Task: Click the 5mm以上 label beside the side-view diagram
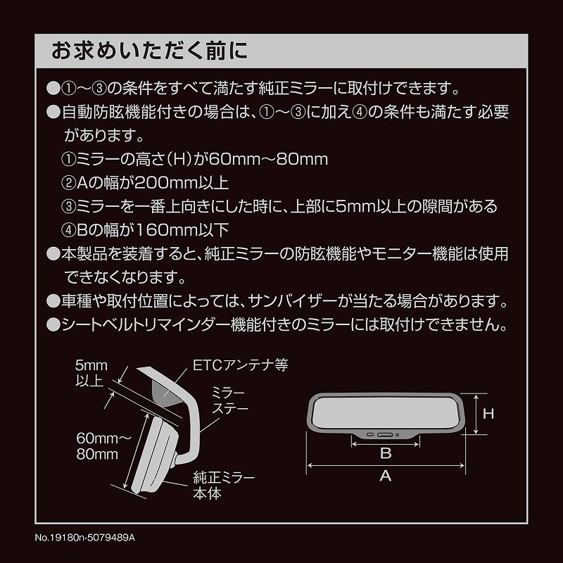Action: coord(89,374)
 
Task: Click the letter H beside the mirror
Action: coord(488,414)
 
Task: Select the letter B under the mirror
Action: coord(386,453)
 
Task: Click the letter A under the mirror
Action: coord(386,476)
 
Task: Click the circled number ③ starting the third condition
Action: coord(68,207)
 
